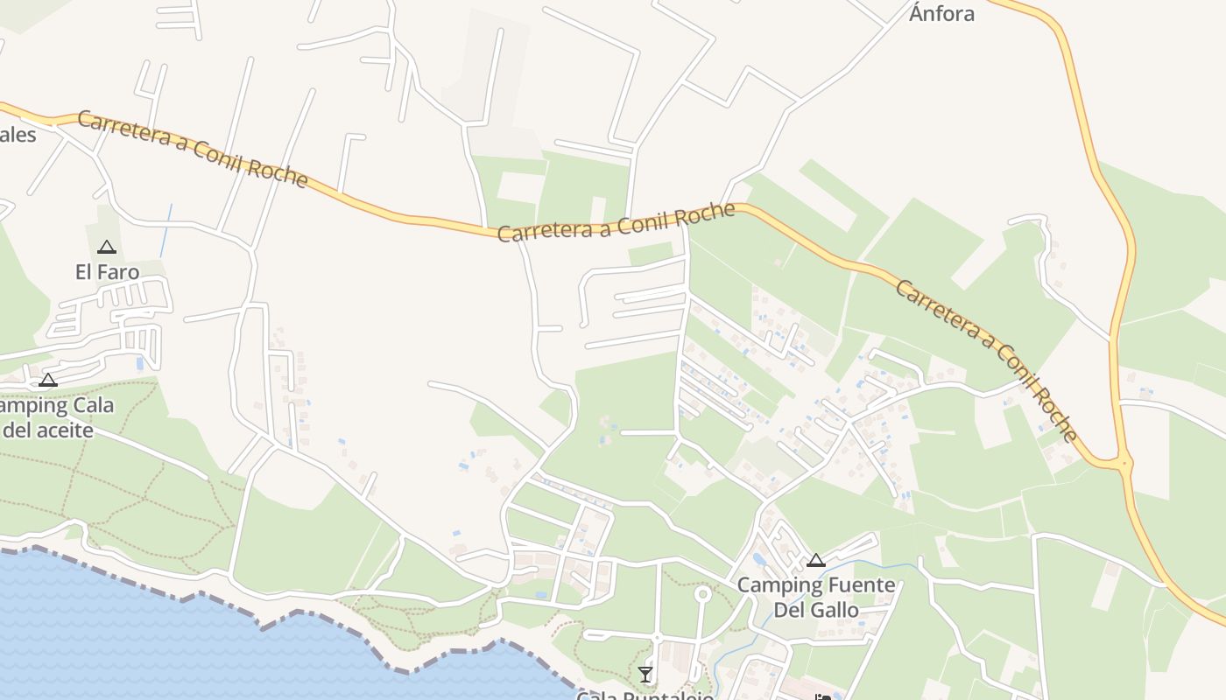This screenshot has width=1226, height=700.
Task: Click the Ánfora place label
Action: pyautogui.click(x=941, y=13)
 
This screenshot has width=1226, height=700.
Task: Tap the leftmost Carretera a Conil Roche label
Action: pyautogui.click(x=193, y=148)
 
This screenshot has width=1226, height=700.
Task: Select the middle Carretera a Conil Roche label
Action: pyautogui.click(x=617, y=221)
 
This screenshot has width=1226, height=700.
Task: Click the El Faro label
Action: pyautogui.click(x=107, y=272)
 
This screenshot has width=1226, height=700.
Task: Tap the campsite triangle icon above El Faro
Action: pyautogui.click(x=107, y=247)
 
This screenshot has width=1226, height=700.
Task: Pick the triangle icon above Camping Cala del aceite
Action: pyautogui.click(x=48, y=380)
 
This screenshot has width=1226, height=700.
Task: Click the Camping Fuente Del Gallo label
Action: pyautogui.click(x=816, y=597)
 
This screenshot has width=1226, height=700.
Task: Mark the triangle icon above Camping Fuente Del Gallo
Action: pyautogui.click(x=816, y=560)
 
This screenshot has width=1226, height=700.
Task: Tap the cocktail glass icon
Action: pyautogui.click(x=645, y=674)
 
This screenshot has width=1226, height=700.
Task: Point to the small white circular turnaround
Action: pyautogui.click(x=701, y=594)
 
